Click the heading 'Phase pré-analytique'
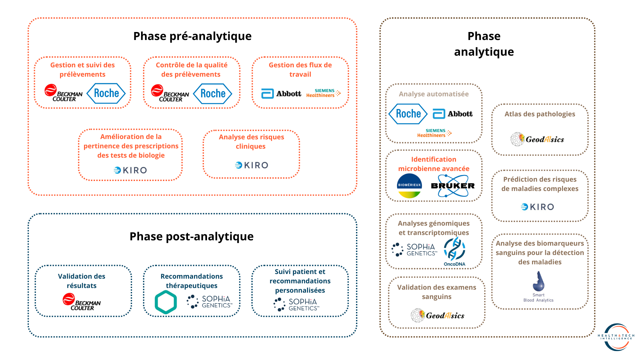tap(192, 36)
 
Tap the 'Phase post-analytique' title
tap(192, 236)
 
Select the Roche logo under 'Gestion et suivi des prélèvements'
tap(106, 93)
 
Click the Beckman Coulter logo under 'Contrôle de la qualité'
tap(170, 93)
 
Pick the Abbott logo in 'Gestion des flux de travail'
tap(281, 94)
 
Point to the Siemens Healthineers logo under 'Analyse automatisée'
tap(434, 133)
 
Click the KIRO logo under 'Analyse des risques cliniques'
tap(251, 165)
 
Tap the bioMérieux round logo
tap(409, 186)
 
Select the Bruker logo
tap(453, 186)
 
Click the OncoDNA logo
tap(454, 252)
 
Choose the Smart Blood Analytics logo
tap(538, 287)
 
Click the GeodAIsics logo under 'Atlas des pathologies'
tap(537, 139)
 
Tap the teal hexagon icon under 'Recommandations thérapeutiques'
tap(166, 302)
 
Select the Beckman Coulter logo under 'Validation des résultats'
tap(82, 302)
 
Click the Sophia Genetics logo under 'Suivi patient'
tap(296, 305)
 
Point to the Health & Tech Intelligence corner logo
tap(616, 337)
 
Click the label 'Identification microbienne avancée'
tap(434, 164)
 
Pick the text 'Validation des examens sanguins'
tap(437, 292)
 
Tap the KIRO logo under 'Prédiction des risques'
tap(537, 207)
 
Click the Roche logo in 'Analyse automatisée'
tap(408, 114)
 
